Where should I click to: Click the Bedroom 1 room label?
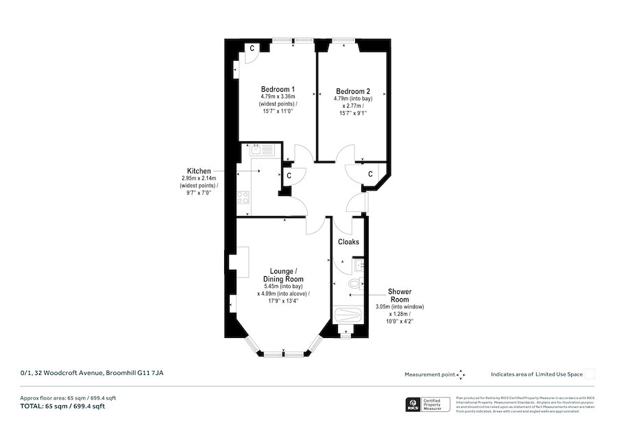278,90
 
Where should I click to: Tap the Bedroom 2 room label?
352,92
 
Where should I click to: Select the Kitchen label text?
198,171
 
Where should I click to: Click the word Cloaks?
348,242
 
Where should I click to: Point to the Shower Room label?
400,295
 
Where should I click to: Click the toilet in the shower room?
354,283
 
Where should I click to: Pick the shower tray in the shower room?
348,316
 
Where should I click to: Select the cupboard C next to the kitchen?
289,175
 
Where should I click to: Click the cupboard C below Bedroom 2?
370,174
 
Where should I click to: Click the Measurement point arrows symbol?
461,374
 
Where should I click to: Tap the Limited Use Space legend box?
590,374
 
